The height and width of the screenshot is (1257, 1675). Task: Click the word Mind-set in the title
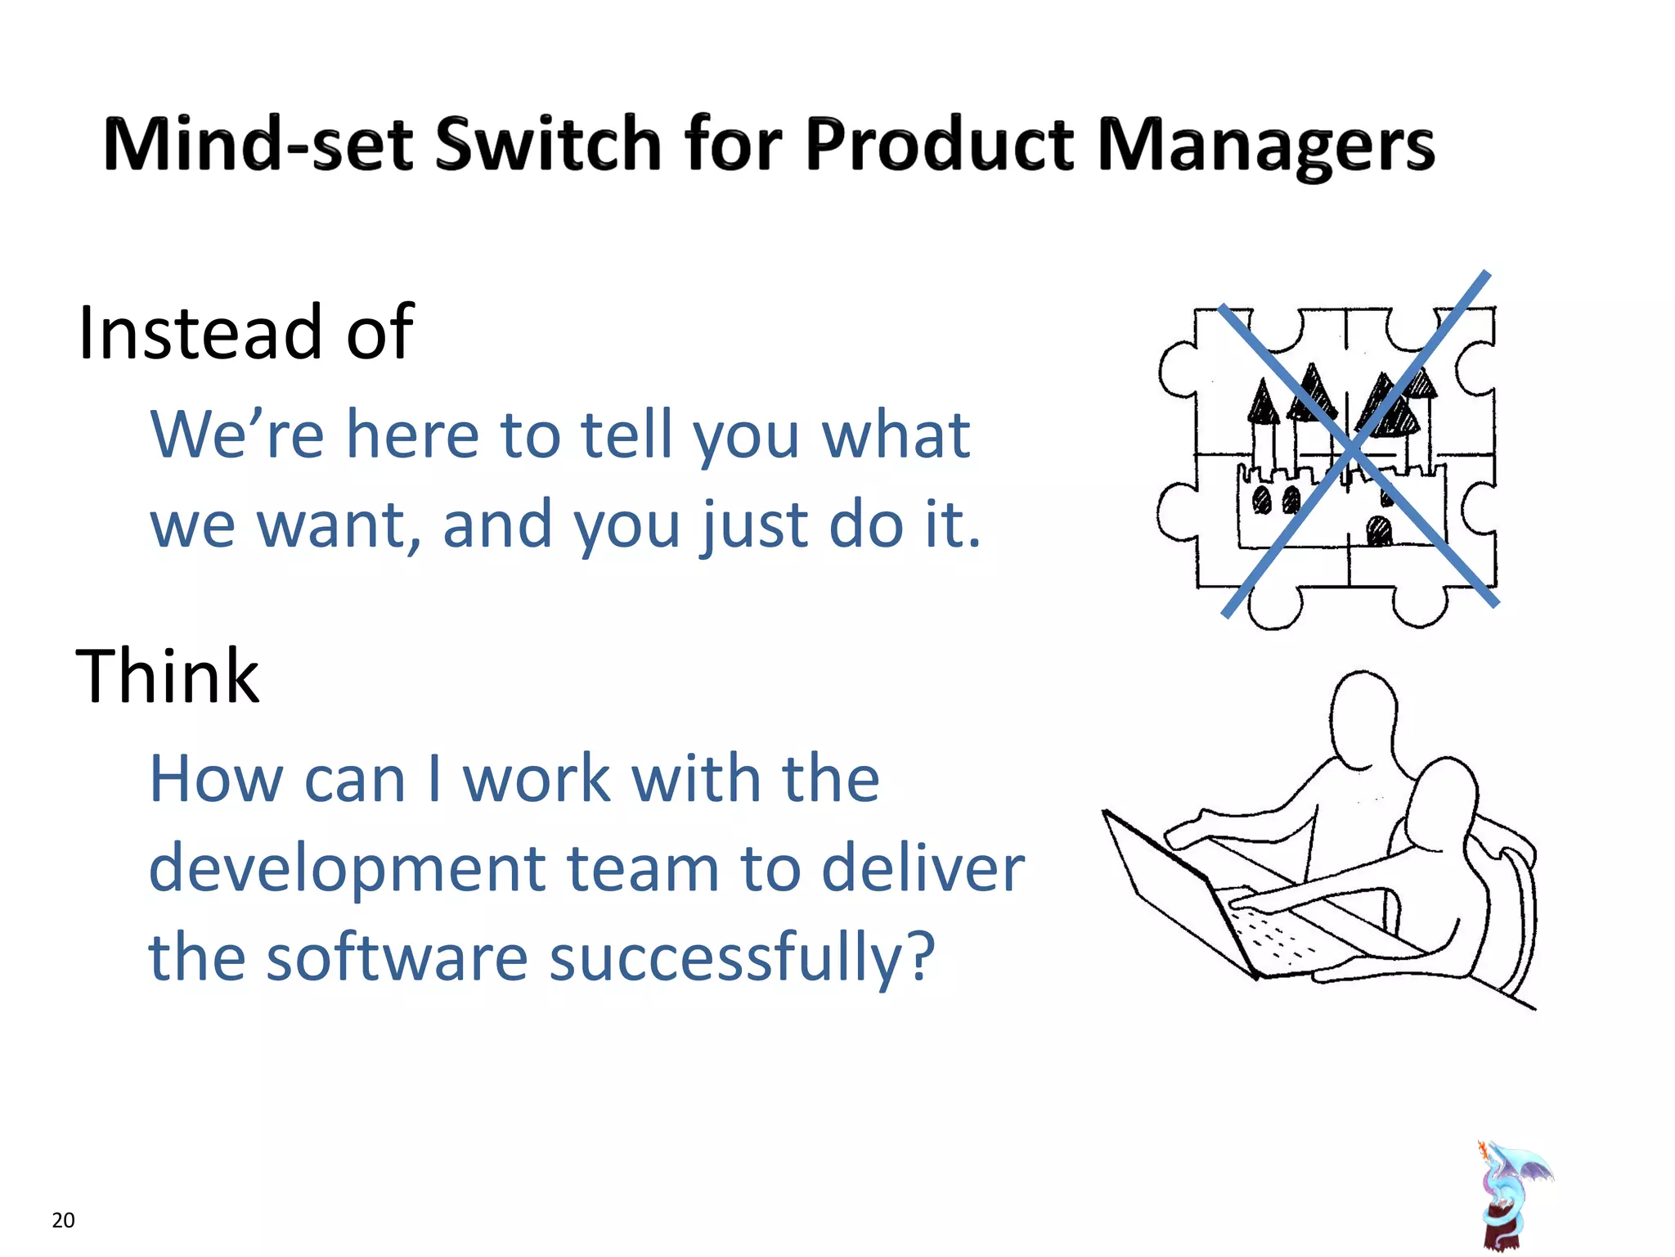(258, 145)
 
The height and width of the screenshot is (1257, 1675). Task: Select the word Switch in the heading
(547, 145)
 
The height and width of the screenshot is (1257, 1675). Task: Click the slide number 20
(63, 1220)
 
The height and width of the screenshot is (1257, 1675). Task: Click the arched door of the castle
(1379, 532)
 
